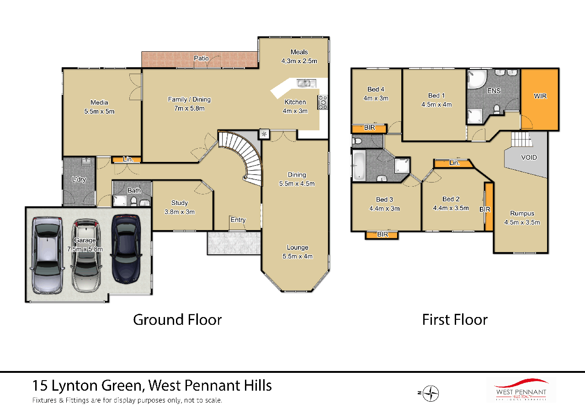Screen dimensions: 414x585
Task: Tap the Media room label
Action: tap(99, 102)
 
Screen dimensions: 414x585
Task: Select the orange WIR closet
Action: tap(540, 99)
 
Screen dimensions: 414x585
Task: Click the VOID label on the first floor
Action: tap(529, 157)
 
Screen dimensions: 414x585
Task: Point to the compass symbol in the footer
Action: tap(431, 393)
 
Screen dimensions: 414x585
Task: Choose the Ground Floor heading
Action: tap(177, 319)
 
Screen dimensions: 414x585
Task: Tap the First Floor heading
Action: tap(454, 319)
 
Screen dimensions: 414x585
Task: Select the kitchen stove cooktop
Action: tap(323, 102)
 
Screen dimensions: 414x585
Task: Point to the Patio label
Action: tap(201, 59)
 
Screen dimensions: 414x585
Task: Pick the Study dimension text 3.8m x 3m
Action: tap(179, 212)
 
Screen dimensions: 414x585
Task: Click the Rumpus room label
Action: tap(522, 214)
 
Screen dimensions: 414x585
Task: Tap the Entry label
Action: tap(238, 220)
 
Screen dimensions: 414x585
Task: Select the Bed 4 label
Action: tap(376, 89)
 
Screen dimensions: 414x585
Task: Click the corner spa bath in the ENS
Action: tap(477, 80)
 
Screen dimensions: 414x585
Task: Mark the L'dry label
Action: tap(79, 179)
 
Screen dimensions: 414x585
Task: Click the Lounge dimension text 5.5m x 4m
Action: tap(297, 256)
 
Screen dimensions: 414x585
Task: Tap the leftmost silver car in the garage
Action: tap(47, 255)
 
